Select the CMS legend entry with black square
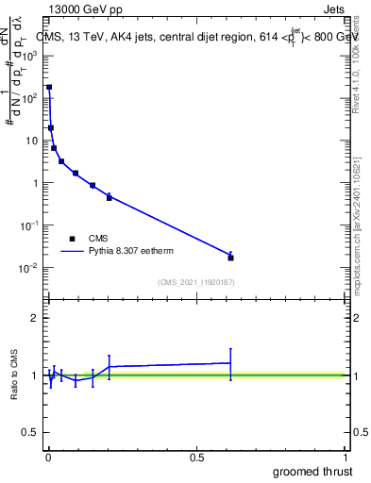(x=72, y=239)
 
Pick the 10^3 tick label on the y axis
(x=30, y=56)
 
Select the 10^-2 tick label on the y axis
(x=30, y=268)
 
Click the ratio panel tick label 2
(x=34, y=318)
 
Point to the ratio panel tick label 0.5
(x=30, y=433)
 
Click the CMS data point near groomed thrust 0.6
(x=230, y=258)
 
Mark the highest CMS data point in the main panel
(x=49, y=87)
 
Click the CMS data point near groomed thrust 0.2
(x=110, y=197)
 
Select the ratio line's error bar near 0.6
(x=230, y=363)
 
